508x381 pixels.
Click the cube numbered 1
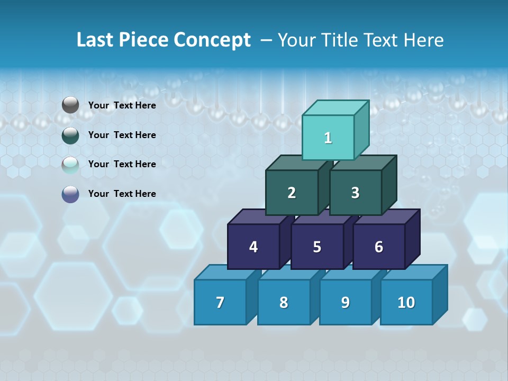[x=328, y=138]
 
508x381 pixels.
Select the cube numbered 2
[x=292, y=193]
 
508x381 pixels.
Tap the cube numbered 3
[x=355, y=193]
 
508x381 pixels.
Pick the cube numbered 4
[x=253, y=247]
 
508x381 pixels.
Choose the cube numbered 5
[x=317, y=247]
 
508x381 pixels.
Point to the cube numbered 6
[x=379, y=247]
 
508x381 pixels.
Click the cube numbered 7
[x=220, y=302]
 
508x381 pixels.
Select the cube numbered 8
[x=284, y=302]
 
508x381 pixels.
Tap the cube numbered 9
[x=346, y=302]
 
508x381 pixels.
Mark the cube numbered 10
[x=406, y=302]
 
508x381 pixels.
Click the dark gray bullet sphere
[x=70, y=105]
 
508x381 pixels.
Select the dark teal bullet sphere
[x=70, y=135]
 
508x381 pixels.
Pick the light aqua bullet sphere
[x=70, y=165]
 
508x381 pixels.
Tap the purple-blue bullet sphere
[x=70, y=194]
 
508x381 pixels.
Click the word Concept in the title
[x=212, y=40]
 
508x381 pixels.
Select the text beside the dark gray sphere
[x=122, y=105]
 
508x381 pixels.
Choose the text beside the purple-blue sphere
[x=122, y=194]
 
